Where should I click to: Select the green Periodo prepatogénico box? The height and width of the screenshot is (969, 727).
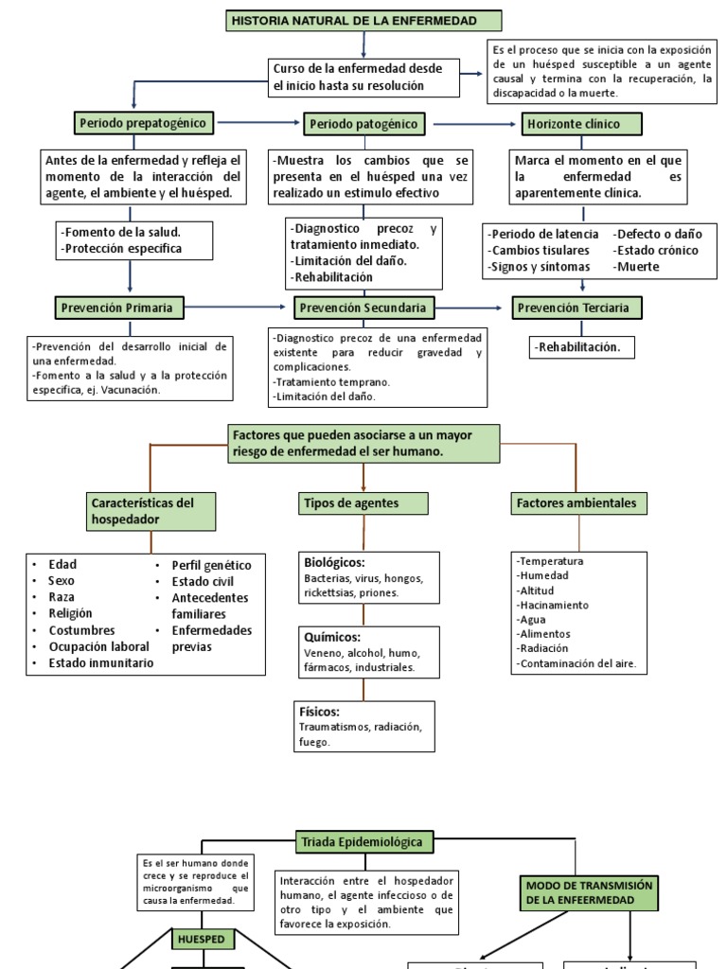click(144, 122)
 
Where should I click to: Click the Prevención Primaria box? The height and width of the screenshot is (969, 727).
click(119, 307)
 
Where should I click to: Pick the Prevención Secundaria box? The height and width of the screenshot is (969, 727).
click(364, 308)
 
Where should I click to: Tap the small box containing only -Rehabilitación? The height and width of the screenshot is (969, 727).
click(581, 347)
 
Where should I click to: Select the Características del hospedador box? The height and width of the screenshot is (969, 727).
click(151, 511)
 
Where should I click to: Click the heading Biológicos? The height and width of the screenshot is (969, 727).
click(334, 562)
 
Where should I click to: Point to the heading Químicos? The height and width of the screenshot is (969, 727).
click(331, 637)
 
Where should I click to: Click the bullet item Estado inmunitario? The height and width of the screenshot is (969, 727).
click(101, 663)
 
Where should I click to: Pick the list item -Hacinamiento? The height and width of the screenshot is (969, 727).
click(553, 605)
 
